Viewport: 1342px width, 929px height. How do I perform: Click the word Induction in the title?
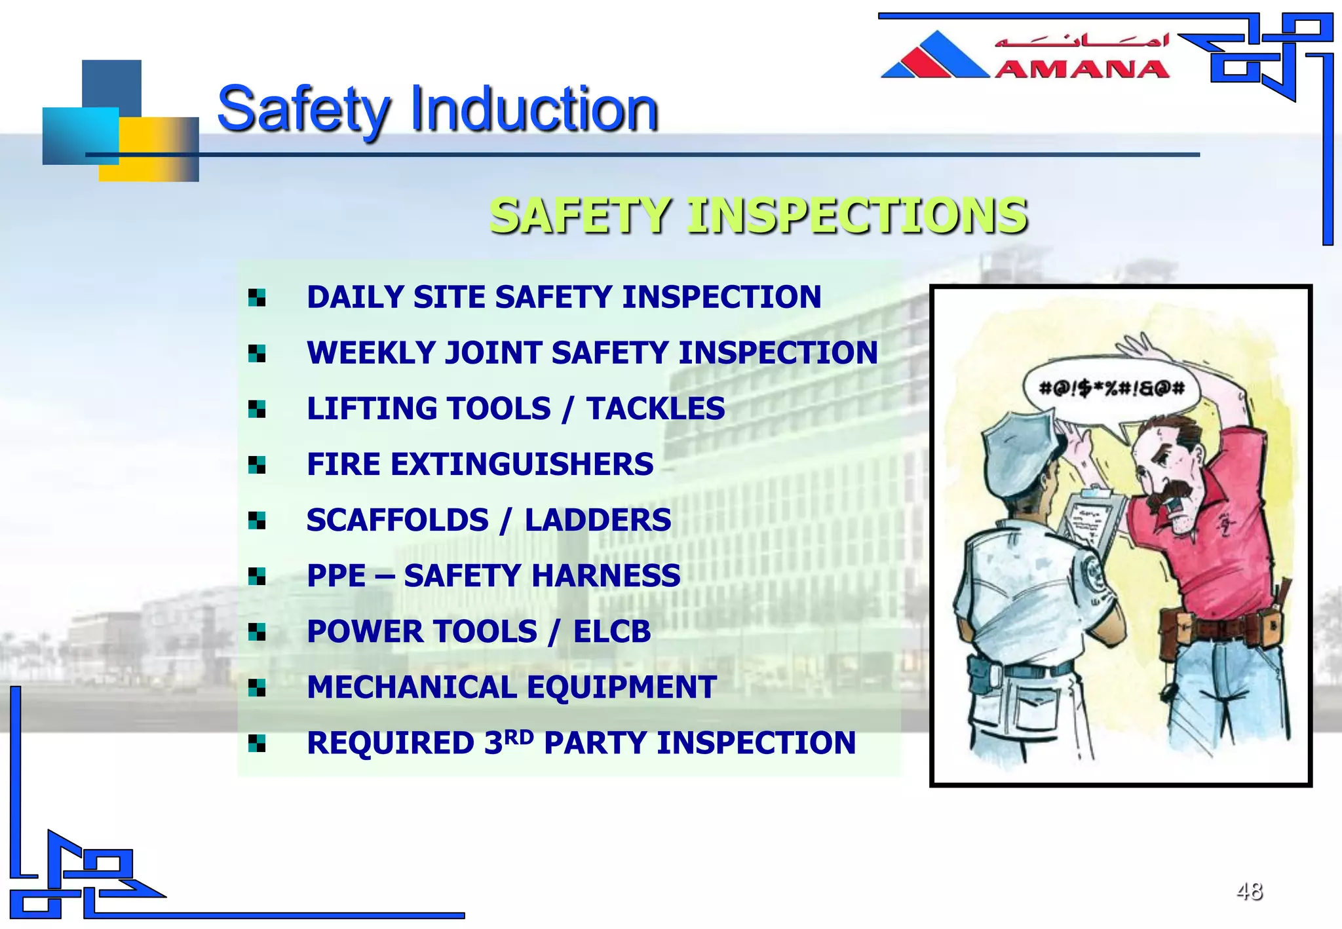tap(533, 109)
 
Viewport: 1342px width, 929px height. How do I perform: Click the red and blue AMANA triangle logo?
tap(935, 56)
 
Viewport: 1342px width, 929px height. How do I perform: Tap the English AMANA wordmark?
tap(1082, 69)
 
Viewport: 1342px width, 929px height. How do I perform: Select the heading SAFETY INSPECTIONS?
tap(757, 216)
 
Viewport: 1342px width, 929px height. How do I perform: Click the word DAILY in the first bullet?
tap(355, 297)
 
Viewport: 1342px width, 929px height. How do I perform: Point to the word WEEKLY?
tap(371, 353)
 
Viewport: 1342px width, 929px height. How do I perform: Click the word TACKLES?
tap(655, 409)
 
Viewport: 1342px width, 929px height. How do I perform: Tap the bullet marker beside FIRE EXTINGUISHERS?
tap(257, 465)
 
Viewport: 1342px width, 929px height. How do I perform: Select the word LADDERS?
tap(598, 520)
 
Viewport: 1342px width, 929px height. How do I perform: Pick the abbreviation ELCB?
tap(611, 632)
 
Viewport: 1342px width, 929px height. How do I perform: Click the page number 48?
tap(1249, 891)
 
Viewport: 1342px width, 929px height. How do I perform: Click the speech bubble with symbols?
tap(1111, 389)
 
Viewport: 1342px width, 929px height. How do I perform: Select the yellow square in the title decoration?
tap(149, 149)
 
